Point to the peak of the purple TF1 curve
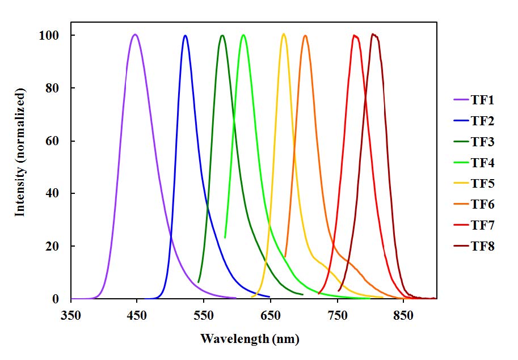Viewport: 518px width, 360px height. (135, 35)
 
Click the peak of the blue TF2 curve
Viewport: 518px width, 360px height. (185, 35)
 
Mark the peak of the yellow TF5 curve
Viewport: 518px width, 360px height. (284, 34)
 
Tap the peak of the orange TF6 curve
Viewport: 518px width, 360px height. (305, 36)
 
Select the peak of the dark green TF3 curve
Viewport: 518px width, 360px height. (222, 35)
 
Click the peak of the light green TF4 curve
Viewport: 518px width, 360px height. (243, 35)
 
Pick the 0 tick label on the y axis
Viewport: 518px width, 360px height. (56, 299)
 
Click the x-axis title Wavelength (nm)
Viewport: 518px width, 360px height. (249, 339)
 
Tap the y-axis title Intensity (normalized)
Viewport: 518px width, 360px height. (21, 152)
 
